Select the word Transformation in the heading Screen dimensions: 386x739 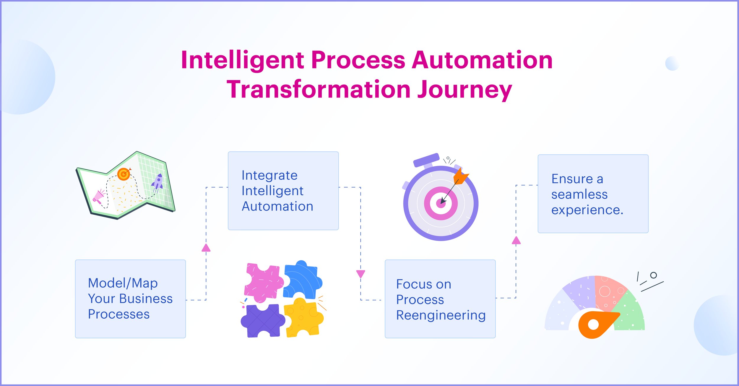click(318, 90)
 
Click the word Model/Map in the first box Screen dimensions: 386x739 click(123, 283)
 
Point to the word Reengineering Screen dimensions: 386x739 click(441, 315)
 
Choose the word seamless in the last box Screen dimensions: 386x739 click(579, 194)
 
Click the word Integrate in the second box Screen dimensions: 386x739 click(269, 175)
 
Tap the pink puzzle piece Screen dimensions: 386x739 click(262, 282)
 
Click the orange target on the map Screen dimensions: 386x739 click(124, 174)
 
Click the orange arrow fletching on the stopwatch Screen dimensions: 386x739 click(460, 176)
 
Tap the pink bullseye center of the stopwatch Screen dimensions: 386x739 click(441, 203)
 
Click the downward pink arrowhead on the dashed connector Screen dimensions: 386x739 click(360, 274)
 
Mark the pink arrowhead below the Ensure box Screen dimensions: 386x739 click(516, 240)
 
